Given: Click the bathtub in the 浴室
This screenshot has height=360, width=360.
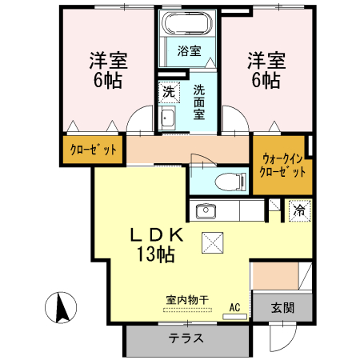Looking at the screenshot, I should pyautogui.click(x=188, y=23).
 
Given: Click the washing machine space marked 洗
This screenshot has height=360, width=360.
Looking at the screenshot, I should pyautogui.click(x=169, y=91).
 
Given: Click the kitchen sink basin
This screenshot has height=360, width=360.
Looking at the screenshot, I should pyautogui.click(x=205, y=211).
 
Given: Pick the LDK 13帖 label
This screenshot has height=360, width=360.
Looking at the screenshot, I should pyautogui.click(x=158, y=245).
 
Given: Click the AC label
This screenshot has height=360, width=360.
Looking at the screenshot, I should pyautogui.click(x=235, y=306).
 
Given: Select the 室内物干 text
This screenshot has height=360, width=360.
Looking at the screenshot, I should pyautogui.click(x=188, y=300).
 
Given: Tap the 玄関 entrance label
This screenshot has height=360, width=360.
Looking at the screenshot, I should pyautogui.click(x=282, y=307).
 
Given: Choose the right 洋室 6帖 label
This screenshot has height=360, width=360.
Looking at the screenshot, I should pyautogui.click(x=265, y=70).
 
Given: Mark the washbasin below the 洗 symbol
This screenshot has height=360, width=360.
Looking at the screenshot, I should pyautogui.click(x=169, y=120).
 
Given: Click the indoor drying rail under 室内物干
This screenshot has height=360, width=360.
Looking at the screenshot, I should pyautogui.click(x=188, y=309).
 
